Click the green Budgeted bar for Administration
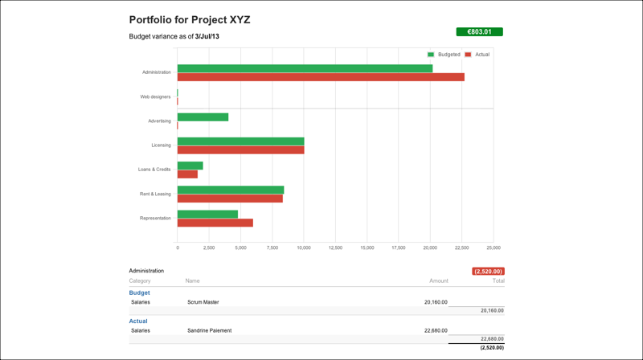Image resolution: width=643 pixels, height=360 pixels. pos(305,68)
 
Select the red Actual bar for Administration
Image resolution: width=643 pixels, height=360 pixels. pos(321,77)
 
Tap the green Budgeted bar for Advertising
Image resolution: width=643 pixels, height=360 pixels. pos(203,117)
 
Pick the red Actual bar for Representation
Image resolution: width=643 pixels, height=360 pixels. pos(215,223)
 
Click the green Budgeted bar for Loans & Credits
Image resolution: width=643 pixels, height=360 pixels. pos(190,166)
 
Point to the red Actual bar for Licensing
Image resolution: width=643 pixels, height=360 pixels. pos(240,150)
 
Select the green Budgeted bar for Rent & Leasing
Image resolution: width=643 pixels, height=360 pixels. pos(230,190)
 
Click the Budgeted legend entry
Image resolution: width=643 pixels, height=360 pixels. pos(444,55)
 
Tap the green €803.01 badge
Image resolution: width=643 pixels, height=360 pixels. pos(479,32)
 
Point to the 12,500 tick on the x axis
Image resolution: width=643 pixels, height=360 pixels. pos(335,247)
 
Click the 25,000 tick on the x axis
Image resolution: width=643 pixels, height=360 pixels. pos(493,247)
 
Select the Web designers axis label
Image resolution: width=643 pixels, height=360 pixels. pos(155,96)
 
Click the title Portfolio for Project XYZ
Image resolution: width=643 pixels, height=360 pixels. pos(190,19)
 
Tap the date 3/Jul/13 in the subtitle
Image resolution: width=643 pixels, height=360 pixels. pos(207,37)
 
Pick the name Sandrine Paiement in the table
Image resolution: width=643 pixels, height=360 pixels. pos(209,330)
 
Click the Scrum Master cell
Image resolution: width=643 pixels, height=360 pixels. pos(203,302)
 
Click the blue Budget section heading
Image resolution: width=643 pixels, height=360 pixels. pos(140,292)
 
